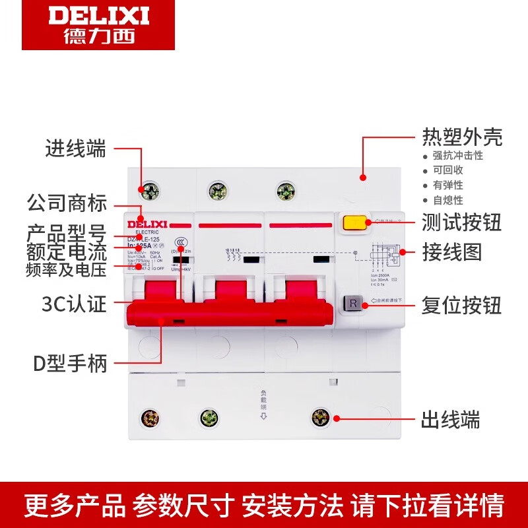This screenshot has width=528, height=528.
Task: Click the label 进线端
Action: click(75, 149)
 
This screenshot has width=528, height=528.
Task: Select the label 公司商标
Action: click(66, 203)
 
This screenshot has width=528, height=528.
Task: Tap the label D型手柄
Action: click(70, 363)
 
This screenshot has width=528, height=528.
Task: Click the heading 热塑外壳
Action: click(462, 137)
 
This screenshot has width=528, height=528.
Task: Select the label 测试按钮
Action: click(462, 222)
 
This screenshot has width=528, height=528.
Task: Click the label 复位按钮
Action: click(462, 305)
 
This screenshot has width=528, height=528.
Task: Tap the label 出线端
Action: click(451, 419)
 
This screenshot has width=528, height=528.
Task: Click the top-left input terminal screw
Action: click(150, 191)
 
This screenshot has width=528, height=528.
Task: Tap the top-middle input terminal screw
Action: click(218, 191)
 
